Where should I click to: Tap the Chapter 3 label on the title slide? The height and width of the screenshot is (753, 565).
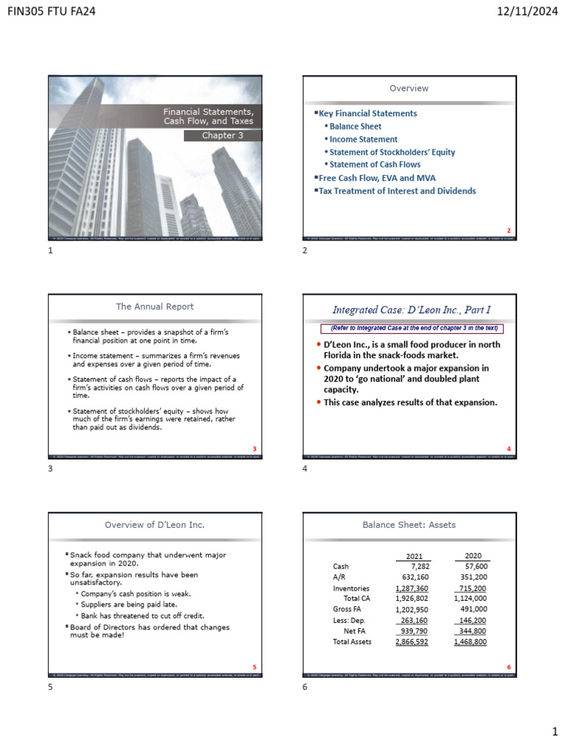tap(222, 135)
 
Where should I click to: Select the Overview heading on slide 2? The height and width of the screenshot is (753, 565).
tap(409, 88)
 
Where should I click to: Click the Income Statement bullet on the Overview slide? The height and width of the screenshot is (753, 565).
tap(363, 139)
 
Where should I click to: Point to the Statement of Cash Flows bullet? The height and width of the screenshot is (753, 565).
tap(375, 165)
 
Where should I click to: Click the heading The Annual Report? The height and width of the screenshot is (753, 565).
tap(154, 306)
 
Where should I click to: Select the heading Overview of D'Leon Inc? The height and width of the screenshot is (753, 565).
tap(154, 524)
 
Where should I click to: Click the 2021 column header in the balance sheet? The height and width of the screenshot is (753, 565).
tap(416, 556)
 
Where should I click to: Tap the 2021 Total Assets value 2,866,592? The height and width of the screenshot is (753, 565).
tap(411, 642)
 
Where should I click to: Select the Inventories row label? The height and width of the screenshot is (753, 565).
tap(352, 588)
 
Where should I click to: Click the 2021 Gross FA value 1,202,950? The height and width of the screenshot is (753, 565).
tap(411, 610)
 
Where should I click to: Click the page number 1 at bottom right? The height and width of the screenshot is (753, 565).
tap(555, 732)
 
